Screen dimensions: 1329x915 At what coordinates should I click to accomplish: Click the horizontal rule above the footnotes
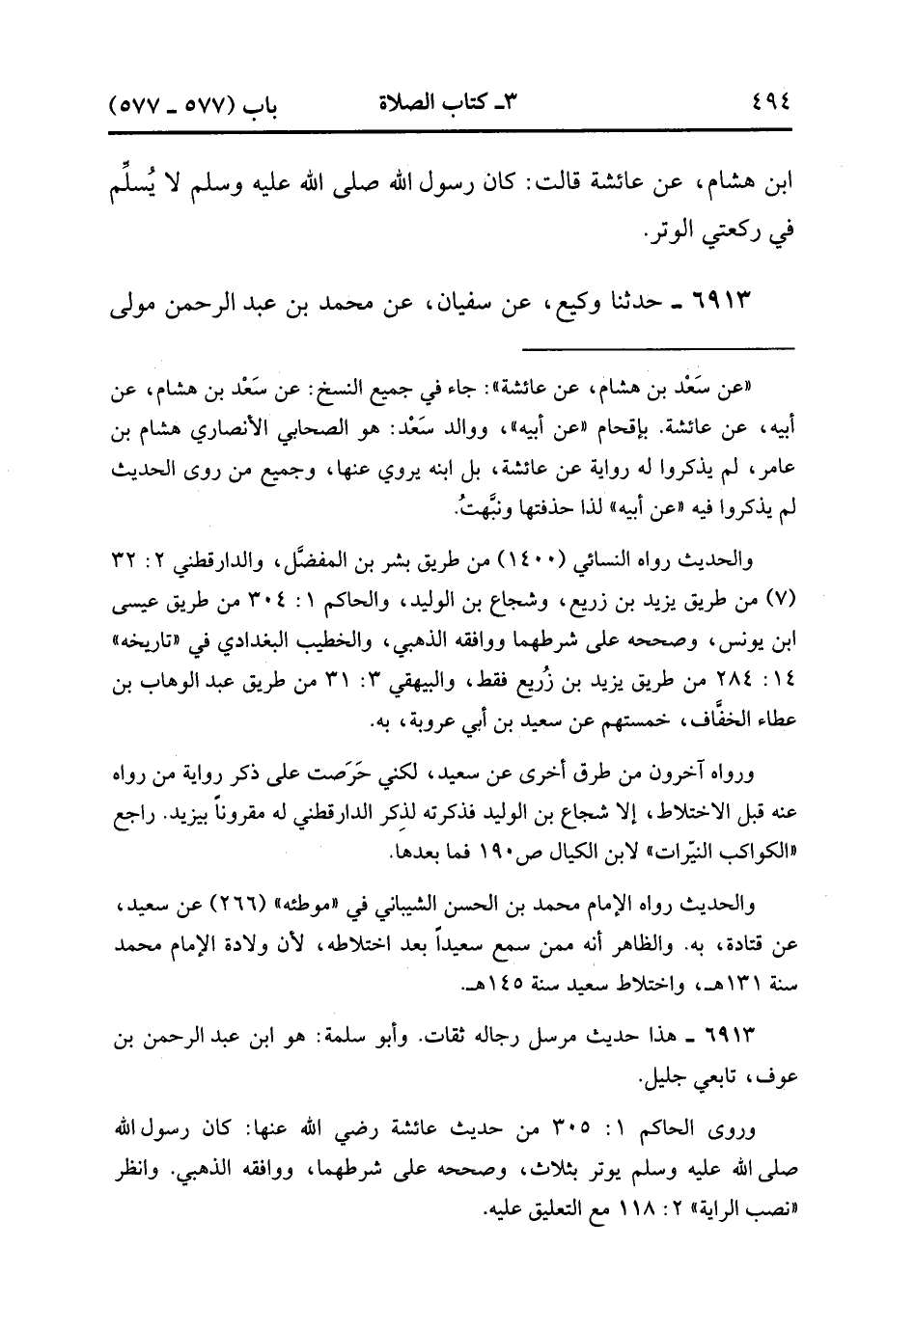tap(659, 346)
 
